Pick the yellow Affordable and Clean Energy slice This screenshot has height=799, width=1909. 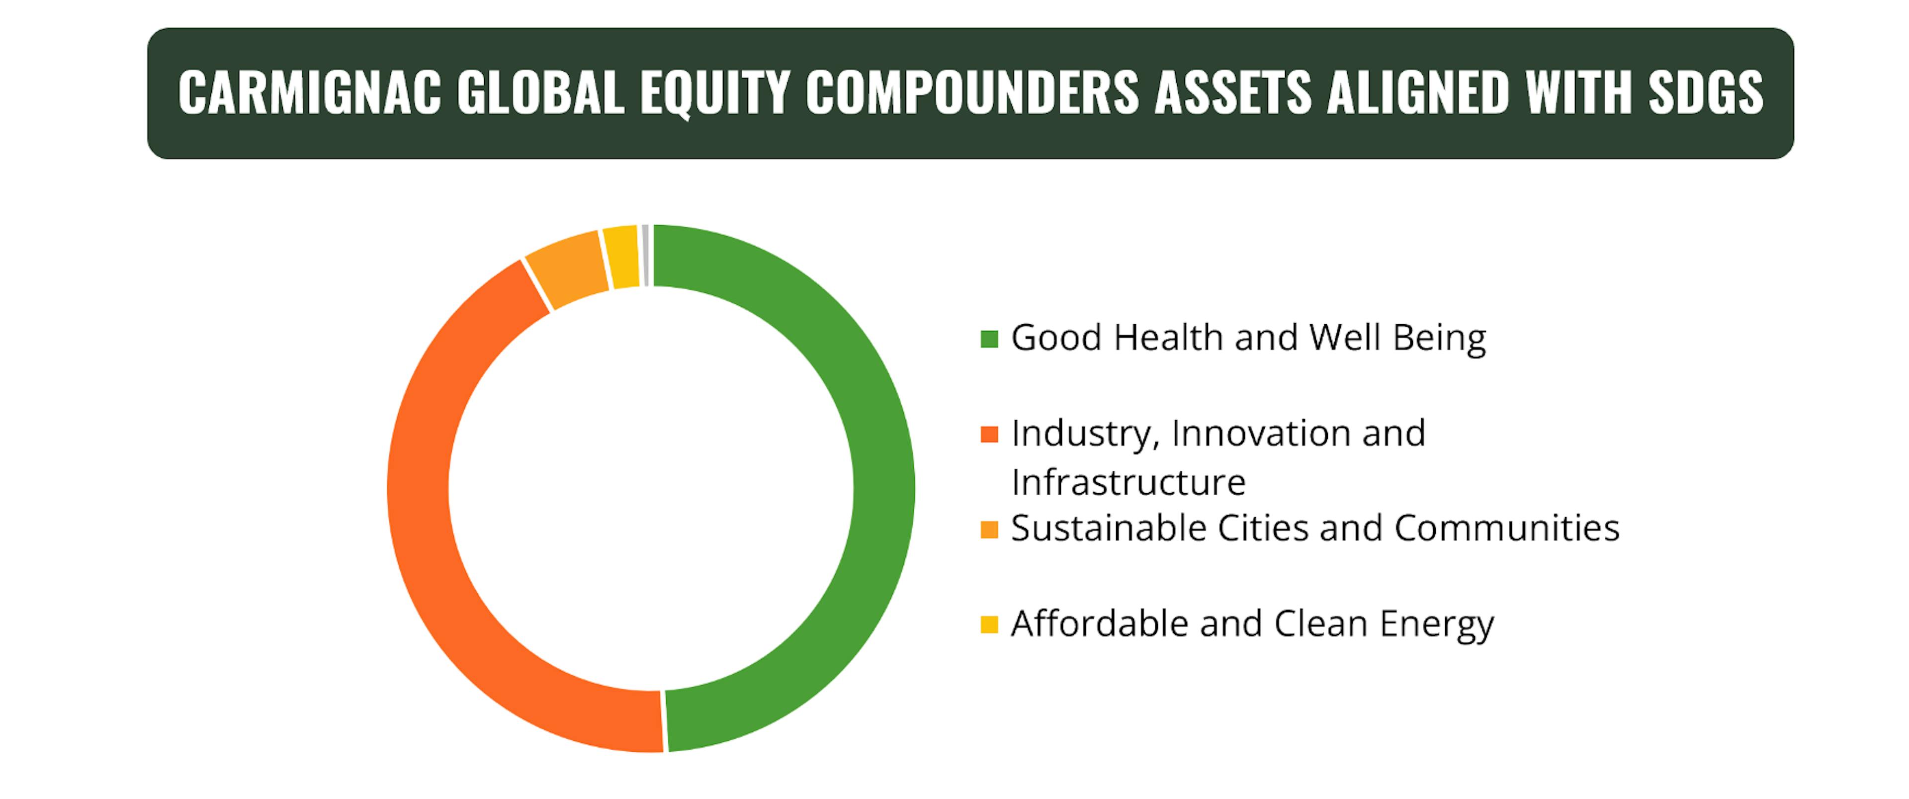622,256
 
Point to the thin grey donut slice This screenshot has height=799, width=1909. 645,254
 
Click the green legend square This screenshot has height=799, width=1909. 989,339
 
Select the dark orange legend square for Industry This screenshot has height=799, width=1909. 989,434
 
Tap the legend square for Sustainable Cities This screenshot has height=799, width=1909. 989,529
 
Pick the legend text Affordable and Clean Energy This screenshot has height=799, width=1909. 1252,624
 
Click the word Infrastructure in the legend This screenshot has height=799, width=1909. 1128,482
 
